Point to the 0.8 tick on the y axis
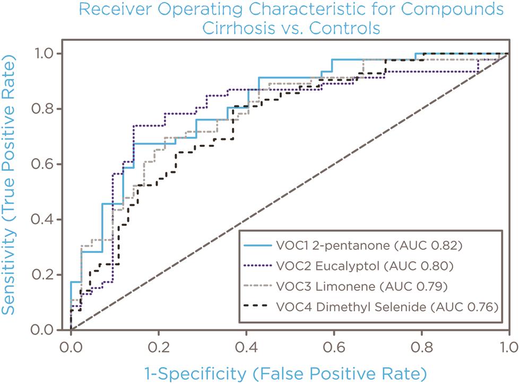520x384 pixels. point(46,109)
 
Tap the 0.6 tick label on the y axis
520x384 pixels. point(46,164)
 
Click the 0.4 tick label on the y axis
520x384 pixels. point(46,219)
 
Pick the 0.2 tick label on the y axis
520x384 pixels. point(46,275)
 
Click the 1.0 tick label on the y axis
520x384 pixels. point(46,53)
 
